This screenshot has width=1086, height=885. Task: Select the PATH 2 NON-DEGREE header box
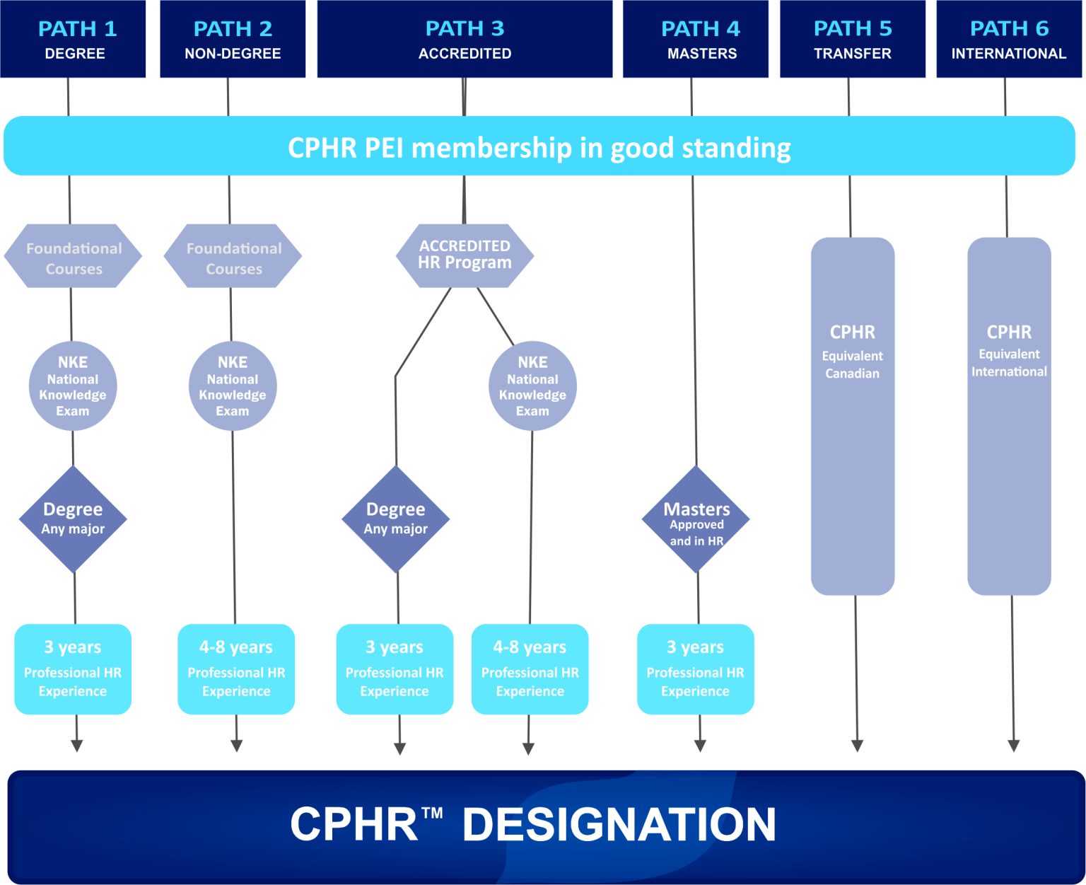233,39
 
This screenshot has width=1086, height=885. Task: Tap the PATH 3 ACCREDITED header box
465,39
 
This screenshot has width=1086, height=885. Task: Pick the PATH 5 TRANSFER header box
853,39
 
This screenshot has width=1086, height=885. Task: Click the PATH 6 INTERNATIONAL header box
1009,39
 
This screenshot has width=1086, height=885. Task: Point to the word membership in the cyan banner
491,148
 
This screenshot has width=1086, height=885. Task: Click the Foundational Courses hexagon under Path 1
74,257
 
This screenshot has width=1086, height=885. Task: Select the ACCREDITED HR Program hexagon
465,255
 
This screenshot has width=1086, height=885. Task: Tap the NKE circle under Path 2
233,386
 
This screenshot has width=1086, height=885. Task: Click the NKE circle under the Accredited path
532,386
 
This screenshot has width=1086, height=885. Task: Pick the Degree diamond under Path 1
73,519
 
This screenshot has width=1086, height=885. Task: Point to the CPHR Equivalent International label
1009,350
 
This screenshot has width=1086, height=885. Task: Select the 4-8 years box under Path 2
236,669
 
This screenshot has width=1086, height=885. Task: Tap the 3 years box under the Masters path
696,669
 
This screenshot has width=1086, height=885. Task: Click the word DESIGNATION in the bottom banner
619,825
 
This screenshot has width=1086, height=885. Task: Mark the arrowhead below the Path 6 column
1013,746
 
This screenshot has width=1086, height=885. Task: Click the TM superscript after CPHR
433,813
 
